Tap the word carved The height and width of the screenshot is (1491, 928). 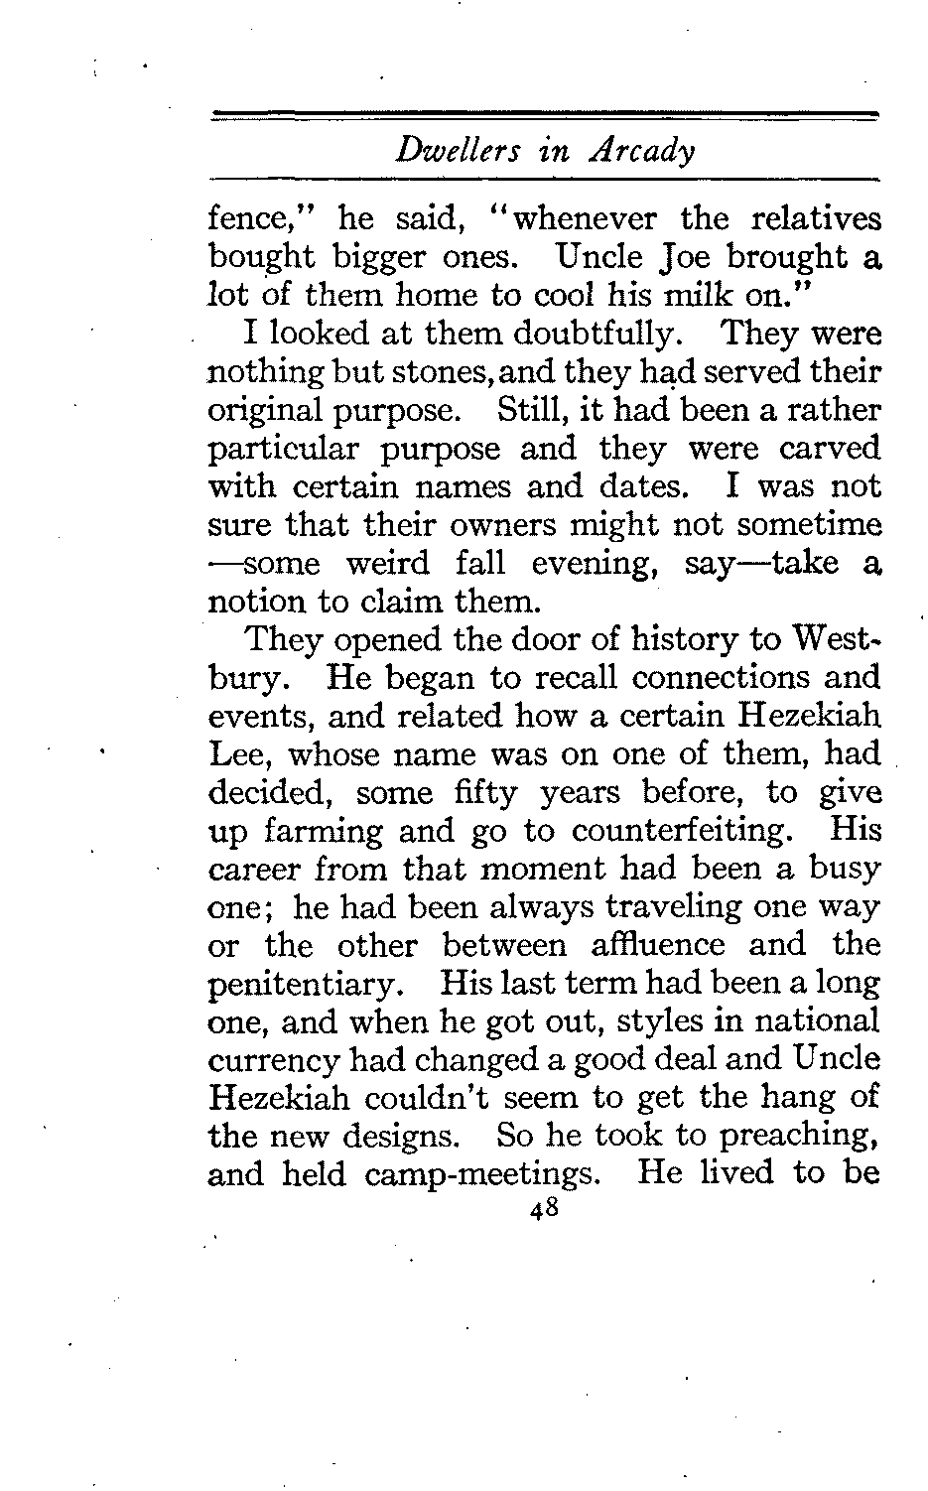[x=831, y=449]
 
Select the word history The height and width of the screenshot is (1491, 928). [x=665, y=640]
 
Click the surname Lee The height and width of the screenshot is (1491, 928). [x=234, y=755]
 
